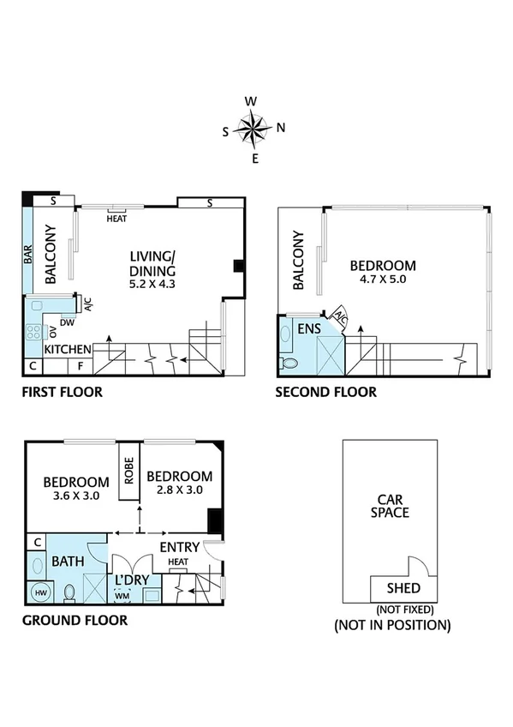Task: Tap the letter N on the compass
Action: [281, 129]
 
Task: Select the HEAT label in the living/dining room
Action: [117, 218]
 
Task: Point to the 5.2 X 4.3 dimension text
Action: [152, 284]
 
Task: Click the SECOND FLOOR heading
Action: [325, 393]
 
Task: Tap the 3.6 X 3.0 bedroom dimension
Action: [76, 496]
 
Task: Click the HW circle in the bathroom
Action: [39, 592]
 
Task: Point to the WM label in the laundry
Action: [122, 595]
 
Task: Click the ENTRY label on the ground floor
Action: [180, 547]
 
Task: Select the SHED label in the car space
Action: [403, 588]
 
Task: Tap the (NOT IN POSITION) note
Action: [392, 626]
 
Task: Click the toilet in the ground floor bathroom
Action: [70, 592]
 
